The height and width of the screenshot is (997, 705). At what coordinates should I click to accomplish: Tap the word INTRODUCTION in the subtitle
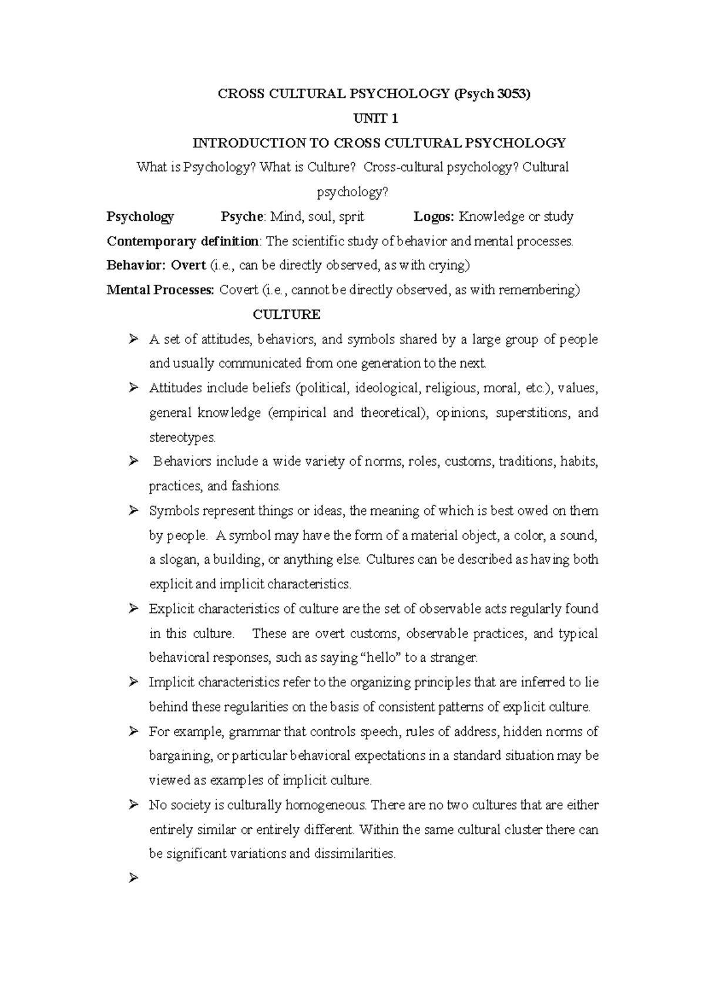(249, 143)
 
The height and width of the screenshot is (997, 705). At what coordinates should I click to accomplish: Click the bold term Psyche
(241, 217)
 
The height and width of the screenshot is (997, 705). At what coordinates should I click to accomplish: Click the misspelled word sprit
(351, 217)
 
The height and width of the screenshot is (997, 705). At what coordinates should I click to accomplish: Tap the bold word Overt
(188, 265)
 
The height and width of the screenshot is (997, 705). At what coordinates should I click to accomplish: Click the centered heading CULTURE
(287, 315)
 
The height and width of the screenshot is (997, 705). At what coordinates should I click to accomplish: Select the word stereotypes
(182, 437)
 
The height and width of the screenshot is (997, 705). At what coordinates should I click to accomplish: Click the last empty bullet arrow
(133, 878)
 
